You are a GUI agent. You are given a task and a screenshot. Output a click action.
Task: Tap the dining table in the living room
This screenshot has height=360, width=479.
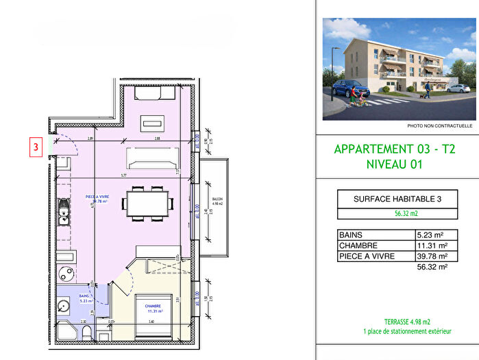pos(147,202)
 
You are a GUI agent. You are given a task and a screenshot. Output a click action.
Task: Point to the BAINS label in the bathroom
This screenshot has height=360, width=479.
pos(84,297)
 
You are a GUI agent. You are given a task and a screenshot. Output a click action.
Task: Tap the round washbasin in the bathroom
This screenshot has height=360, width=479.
pos(64,307)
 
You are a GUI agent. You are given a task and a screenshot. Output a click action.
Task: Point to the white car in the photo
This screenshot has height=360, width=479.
pos(458,88)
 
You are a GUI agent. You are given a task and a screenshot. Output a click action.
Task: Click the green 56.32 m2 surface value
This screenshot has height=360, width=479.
pos(406,213)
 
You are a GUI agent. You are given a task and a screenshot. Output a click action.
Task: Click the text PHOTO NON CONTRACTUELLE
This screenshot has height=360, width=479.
pos(439,126)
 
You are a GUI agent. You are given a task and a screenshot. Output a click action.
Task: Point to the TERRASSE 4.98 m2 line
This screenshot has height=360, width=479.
pos(407,322)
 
